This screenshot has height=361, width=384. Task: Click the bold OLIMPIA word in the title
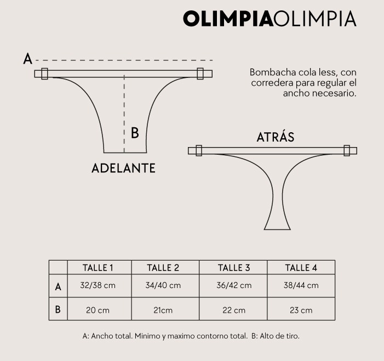coord(228,19)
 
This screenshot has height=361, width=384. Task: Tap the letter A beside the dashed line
coord(28,59)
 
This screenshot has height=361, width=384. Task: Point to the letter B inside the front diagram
coord(135,133)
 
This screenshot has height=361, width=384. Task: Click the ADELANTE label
coord(123,168)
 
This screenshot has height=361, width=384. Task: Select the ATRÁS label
coord(276,137)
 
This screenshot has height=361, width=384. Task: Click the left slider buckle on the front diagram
coord(44,74)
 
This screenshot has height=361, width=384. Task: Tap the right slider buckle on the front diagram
coord(200,74)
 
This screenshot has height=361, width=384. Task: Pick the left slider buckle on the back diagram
coord(199,150)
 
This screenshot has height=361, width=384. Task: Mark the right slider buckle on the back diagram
coord(347,150)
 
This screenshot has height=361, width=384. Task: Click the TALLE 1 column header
coord(98,268)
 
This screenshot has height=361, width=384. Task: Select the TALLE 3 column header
coord(234,268)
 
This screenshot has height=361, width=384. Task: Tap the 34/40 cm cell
coord(163,285)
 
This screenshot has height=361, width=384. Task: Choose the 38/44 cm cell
coord(301,285)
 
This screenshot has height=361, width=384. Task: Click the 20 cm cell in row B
coord(98,310)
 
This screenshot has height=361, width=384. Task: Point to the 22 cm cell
coord(234,310)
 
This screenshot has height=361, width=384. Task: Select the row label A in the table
coord(58,286)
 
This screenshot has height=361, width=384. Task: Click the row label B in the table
coord(58,309)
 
